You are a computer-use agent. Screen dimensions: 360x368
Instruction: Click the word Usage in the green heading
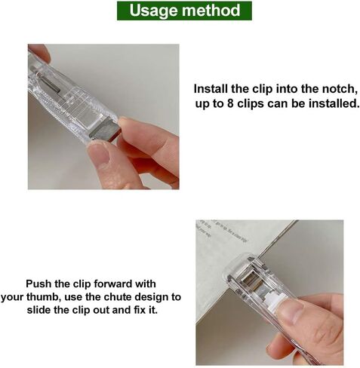click(x=154, y=11)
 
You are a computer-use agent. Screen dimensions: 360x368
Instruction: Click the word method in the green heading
click(x=211, y=10)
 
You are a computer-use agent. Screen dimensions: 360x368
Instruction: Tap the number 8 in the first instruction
click(x=230, y=103)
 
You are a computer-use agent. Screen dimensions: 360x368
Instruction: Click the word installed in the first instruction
click(x=334, y=103)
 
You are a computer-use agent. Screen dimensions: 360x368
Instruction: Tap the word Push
click(x=38, y=284)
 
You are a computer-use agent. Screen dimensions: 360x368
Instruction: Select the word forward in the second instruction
click(x=112, y=284)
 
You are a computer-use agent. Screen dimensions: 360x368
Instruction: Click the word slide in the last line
click(x=39, y=310)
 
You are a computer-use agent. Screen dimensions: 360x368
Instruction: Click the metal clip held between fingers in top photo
click(x=104, y=130)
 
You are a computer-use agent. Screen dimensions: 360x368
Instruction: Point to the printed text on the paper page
click(x=221, y=229)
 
